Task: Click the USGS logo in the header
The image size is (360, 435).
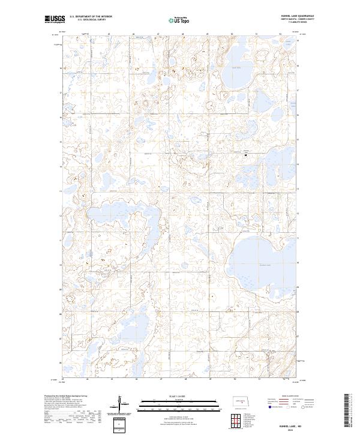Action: pos(53,19)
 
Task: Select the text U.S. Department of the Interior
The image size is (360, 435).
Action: pos(91,17)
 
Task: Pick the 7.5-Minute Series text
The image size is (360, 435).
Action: pos(297,23)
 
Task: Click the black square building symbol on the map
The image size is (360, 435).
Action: pos(246,155)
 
